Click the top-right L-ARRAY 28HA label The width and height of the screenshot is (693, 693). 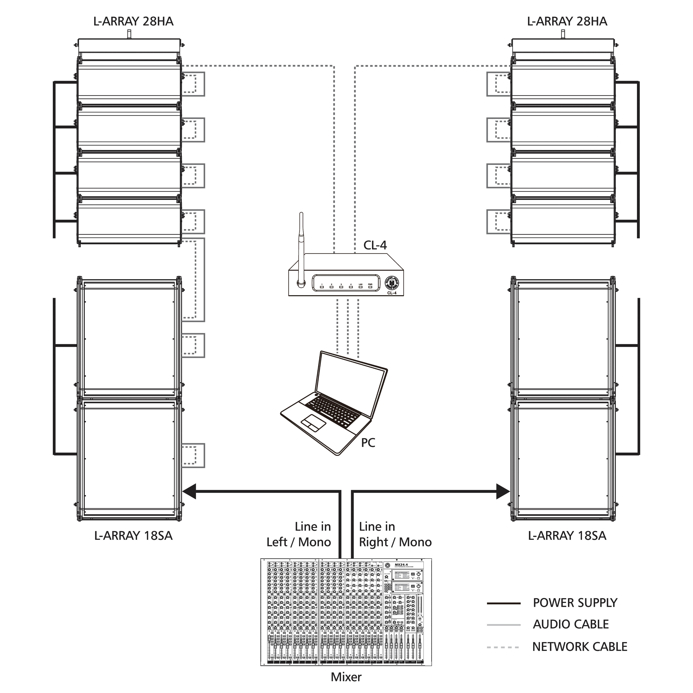[567, 22]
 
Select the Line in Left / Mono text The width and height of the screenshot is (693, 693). [299, 534]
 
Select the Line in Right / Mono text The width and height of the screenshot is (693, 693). [395, 534]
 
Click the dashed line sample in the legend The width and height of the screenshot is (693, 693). [503, 647]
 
